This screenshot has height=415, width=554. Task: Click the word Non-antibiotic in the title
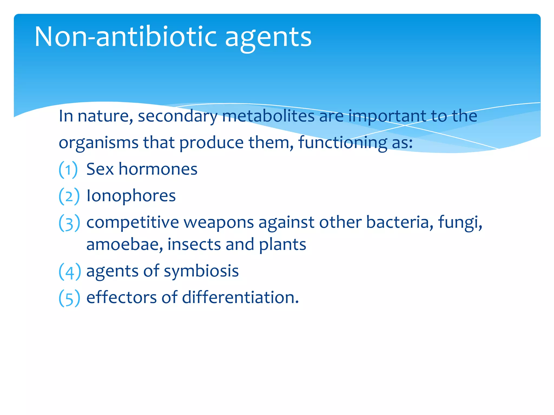pyautogui.click(x=126, y=37)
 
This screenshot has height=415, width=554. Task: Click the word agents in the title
pyautogui.click(x=268, y=38)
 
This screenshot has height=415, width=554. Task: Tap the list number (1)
pyautogui.click(x=68, y=170)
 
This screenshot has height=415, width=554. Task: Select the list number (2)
pyautogui.click(x=69, y=196)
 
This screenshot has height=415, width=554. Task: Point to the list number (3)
pyautogui.click(x=69, y=223)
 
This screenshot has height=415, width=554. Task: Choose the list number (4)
pyautogui.click(x=70, y=271)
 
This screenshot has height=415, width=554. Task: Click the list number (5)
pyautogui.click(x=69, y=298)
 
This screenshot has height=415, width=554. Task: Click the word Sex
pyautogui.click(x=100, y=169)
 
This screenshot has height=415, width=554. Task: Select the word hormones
pyautogui.click(x=158, y=169)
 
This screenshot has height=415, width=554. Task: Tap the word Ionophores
pyautogui.click(x=131, y=196)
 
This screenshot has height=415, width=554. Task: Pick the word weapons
pyautogui.click(x=219, y=223)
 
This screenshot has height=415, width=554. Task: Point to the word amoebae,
pyautogui.click(x=124, y=245)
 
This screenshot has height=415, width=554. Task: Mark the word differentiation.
pyautogui.click(x=240, y=297)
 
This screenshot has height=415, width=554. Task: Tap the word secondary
pyautogui.click(x=177, y=116)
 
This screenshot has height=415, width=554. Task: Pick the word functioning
pyautogui.click(x=342, y=143)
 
